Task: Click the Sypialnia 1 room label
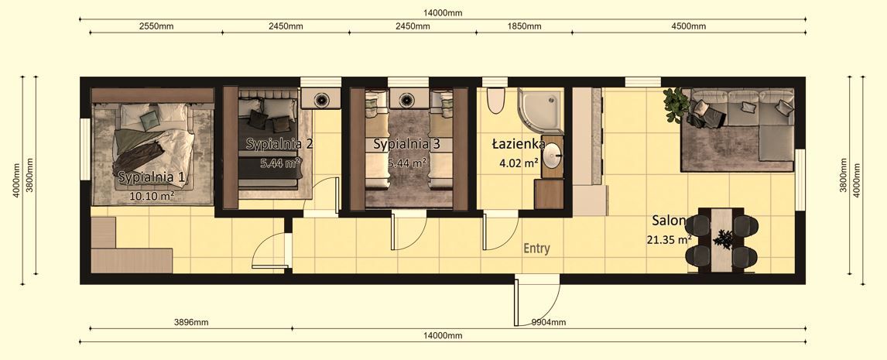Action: [x=152, y=177]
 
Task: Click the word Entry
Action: [x=536, y=249]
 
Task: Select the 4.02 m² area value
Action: [x=519, y=163]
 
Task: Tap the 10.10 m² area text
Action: [x=151, y=196]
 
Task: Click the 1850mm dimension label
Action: [x=524, y=26]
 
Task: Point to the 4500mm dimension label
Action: [x=689, y=26]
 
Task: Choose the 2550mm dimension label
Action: [x=156, y=26]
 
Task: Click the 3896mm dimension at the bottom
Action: [x=190, y=322]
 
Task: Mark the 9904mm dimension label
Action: [x=548, y=322]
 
